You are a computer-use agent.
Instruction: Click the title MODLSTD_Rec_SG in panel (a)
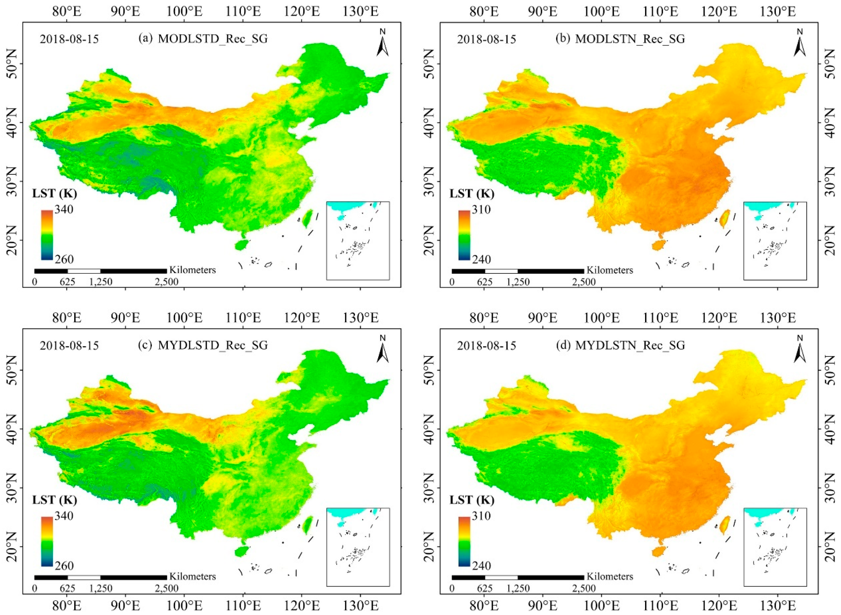213,39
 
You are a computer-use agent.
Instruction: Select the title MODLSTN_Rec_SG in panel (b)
630,39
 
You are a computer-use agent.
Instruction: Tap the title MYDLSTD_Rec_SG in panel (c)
213,345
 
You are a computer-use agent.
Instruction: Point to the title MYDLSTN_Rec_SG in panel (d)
630,345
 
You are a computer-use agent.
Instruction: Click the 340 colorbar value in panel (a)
64,210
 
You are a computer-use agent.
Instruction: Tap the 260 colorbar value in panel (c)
64,566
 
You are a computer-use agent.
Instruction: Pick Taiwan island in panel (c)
307,525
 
